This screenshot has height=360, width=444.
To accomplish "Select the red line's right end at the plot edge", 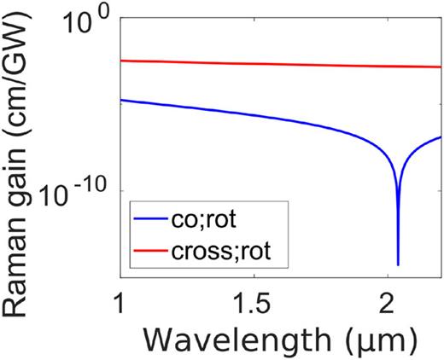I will point(440,67).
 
